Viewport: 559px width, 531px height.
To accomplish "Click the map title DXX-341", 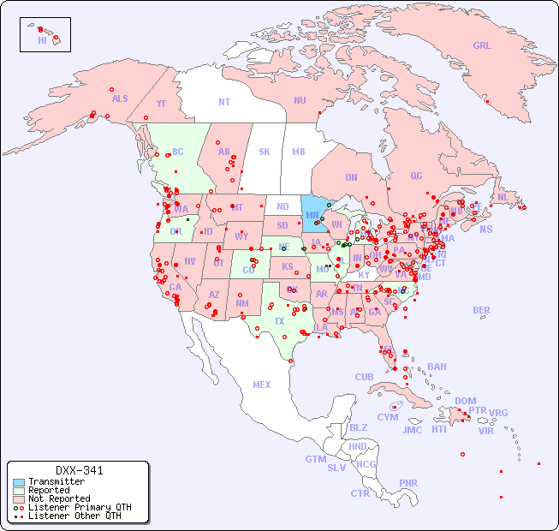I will pyautogui.click(x=80, y=470).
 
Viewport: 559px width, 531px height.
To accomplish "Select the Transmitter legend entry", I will pyautogui.click(x=56, y=482).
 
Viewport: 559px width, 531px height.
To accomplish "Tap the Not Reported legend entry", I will pyautogui.click(x=58, y=498).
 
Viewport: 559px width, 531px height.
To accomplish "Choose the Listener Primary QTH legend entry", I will pyautogui.click(x=79, y=507).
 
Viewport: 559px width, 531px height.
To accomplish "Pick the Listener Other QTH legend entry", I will pyautogui.click(x=74, y=516).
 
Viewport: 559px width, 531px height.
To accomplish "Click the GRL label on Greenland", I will pyautogui.click(x=482, y=46).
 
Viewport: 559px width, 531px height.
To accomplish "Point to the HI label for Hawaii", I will pyautogui.click(x=42, y=40).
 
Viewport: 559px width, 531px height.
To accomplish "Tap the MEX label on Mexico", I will pyautogui.click(x=262, y=385).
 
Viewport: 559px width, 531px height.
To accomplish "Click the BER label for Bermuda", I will pyautogui.click(x=482, y=310).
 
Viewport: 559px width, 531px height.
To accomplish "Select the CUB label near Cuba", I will pyautogui.click(x=364, y=377).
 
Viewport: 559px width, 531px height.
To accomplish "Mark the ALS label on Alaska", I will pyautogui.click(x=120, y=98).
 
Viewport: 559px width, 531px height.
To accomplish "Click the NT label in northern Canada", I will pyautogui.click(x=224, y=102).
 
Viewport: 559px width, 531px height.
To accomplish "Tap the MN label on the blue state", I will pyautogui.click(x=312, y=215).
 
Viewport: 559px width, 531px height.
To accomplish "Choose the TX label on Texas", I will pyautogui.click(x=279, y=321).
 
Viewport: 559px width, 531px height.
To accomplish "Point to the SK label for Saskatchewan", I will pyautogui.click(x=265, y=152).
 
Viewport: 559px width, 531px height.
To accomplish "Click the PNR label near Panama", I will pyautogui.click(x=408, y=483).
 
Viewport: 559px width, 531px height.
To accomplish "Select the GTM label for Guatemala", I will pyautogui.click(x=315, y=459).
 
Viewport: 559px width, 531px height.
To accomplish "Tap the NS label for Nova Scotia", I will pyautogui.click(x=486, y=229).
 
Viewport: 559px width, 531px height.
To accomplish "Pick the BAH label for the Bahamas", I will pyautogui.click(x=437, y=367).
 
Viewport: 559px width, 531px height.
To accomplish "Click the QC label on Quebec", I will pyautogui.click(x=416, y=176).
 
